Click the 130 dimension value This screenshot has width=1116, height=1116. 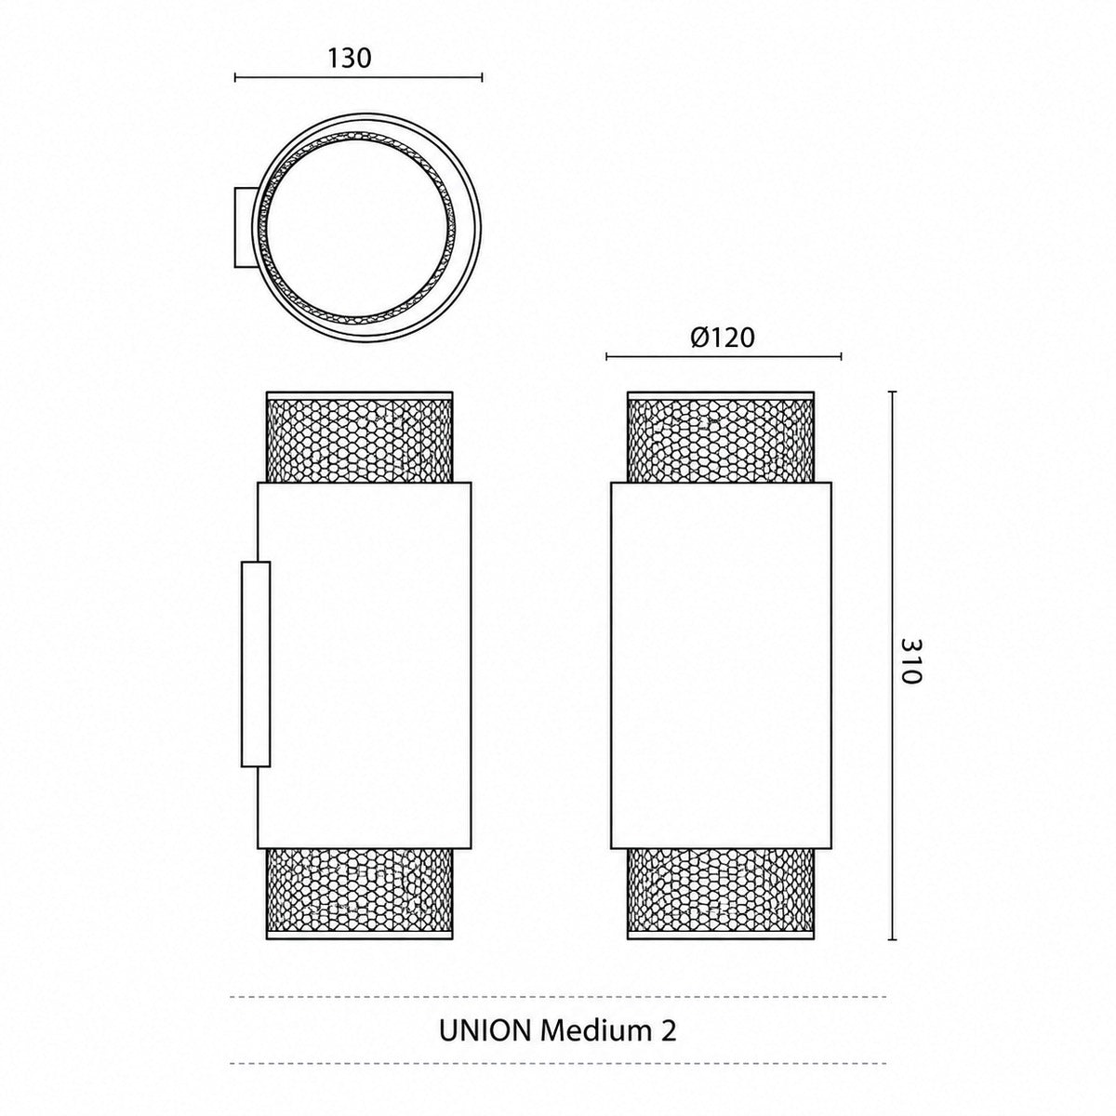click(350, 58)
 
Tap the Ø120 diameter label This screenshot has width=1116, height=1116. click(723, 338)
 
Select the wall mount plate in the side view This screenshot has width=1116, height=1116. click(256, 664)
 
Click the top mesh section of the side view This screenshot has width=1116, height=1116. click(359, 437)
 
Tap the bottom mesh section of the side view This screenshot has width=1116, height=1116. click(359, 893)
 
